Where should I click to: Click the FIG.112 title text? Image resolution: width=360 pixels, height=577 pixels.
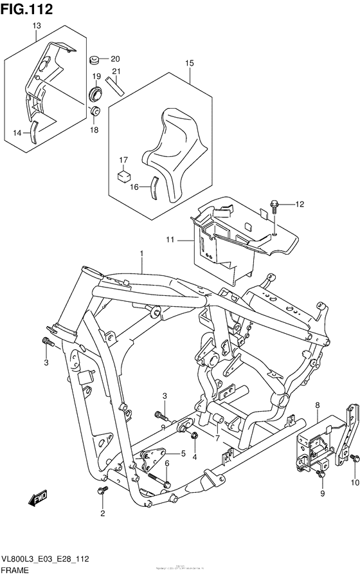[26, 8]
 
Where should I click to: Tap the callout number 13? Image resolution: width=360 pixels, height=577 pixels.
[37, 25]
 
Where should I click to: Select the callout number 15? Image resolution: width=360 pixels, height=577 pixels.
[190, 63]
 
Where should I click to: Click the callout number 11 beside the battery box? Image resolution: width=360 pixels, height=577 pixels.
[170, 240]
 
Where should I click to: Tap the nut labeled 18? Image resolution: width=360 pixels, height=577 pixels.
[94, 113]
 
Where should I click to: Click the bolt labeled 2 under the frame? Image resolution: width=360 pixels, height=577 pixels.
[102, 492]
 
